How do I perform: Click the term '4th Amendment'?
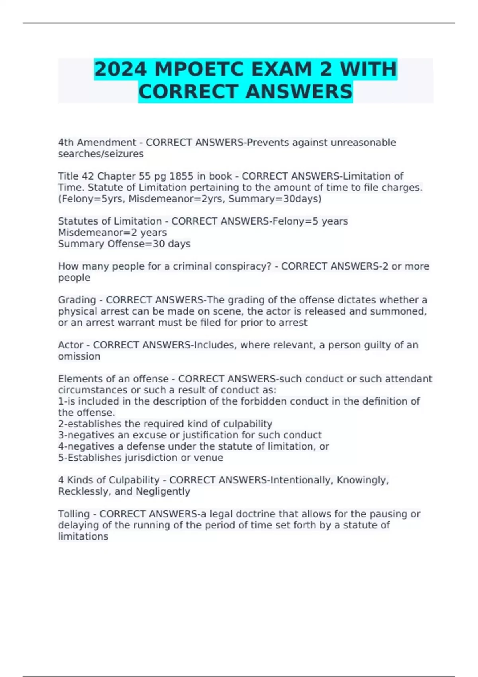(97, 143)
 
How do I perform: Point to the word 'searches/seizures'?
(101, 154)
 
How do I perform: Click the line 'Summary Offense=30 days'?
(124, 244)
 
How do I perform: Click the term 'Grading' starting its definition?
(77, 300)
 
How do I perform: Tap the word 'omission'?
(79, 356)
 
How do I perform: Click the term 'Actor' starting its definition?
(71, 345)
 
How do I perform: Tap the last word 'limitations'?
(83, 536)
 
